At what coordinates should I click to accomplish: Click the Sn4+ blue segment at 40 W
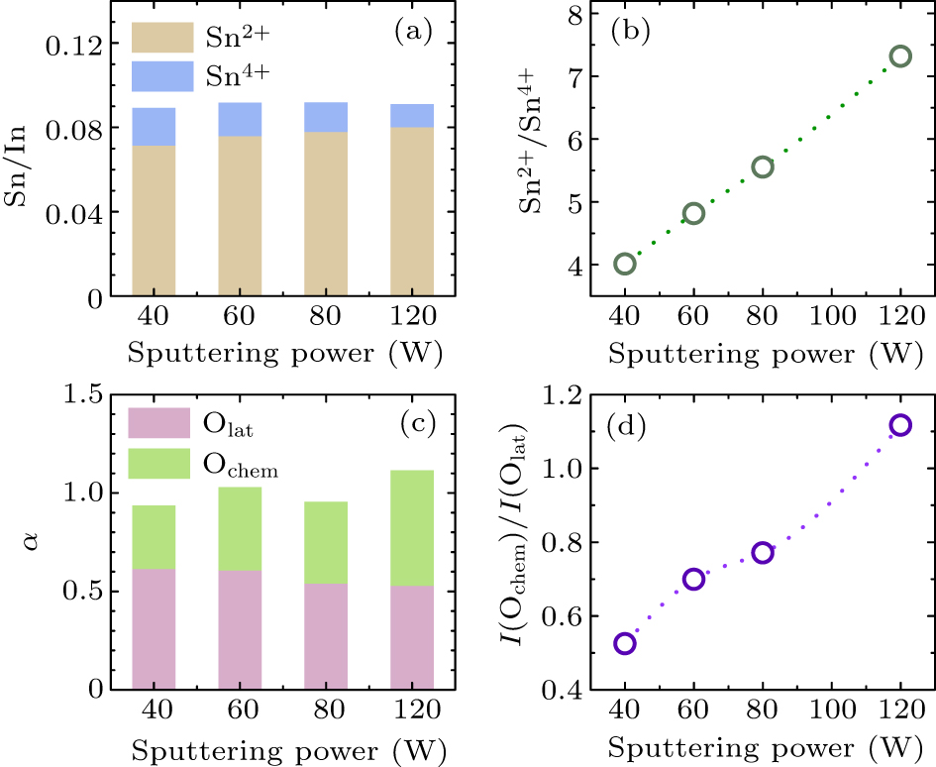[x=154, y=127]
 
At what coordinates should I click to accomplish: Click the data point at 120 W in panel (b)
[x=899, y=56]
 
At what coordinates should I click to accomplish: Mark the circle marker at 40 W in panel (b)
[x=625, y=264]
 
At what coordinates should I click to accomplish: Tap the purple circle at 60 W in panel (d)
[x=693, y=579]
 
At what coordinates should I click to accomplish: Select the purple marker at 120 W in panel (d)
[x=899, y=425]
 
